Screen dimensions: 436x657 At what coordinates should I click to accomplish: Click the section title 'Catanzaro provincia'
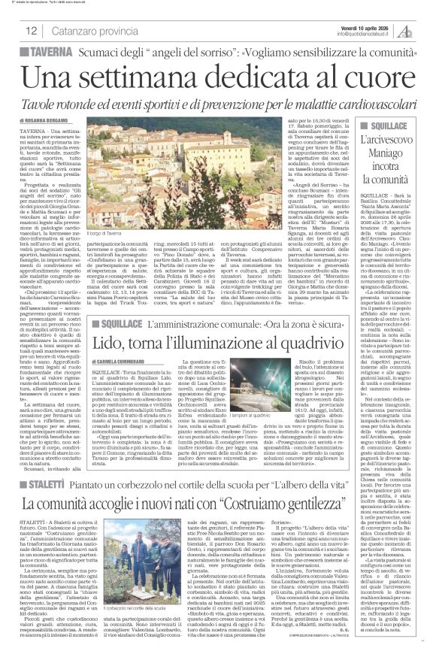[86, 31]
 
